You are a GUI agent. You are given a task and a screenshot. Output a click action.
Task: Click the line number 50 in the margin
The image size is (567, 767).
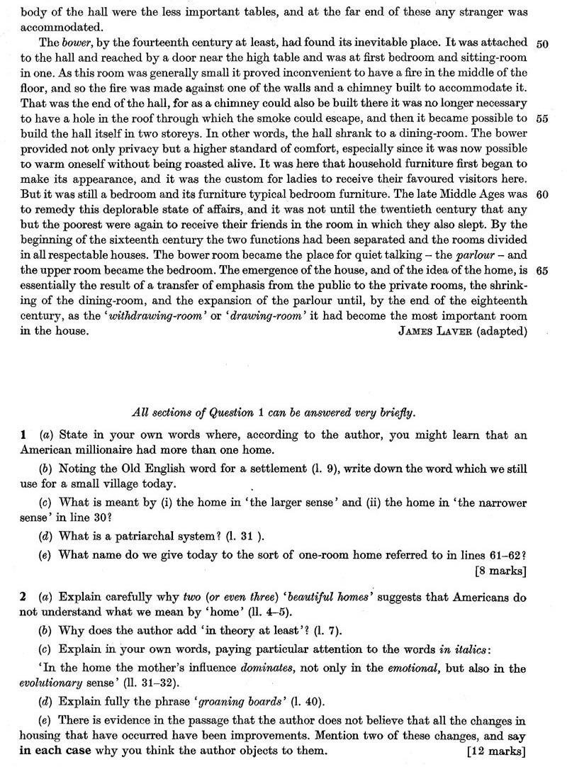[x=544, y=44]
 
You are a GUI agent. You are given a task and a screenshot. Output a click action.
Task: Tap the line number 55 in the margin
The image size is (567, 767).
[x=544, y=119]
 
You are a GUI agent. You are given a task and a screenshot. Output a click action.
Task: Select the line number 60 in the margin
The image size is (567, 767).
[x=544, y=194]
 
